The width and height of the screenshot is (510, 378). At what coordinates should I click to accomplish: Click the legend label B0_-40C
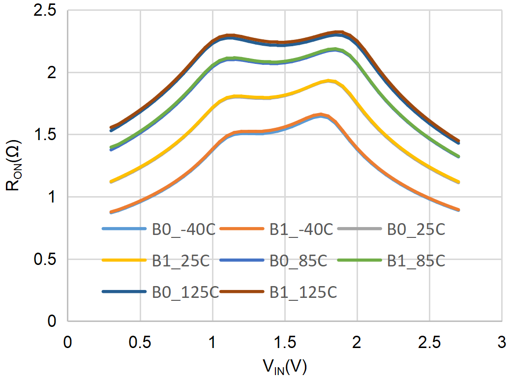183,229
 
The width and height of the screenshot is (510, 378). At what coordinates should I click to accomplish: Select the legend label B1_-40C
301,229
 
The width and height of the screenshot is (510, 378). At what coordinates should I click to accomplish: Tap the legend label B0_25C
417,229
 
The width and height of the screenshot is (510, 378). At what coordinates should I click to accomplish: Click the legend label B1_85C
416,261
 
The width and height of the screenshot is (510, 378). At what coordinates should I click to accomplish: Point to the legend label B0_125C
185,292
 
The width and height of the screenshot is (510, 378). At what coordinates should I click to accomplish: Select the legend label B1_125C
303,292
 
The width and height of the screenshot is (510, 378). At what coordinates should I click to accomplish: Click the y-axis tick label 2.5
46,10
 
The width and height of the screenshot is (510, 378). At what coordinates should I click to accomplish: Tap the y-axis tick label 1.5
46,135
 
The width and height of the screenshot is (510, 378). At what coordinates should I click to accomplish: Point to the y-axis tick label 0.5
46,259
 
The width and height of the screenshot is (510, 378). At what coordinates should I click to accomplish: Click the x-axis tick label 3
501,342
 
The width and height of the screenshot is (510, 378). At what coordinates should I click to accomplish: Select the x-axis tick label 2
357,342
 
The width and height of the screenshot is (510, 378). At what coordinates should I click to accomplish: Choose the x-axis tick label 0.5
140,342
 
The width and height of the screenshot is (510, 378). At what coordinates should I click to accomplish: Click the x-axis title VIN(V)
285,366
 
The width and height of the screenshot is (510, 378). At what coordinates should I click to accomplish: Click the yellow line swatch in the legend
124,261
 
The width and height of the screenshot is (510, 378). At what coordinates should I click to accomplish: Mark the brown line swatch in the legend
241,292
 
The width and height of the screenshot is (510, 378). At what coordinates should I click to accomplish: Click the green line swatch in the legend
360,261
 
